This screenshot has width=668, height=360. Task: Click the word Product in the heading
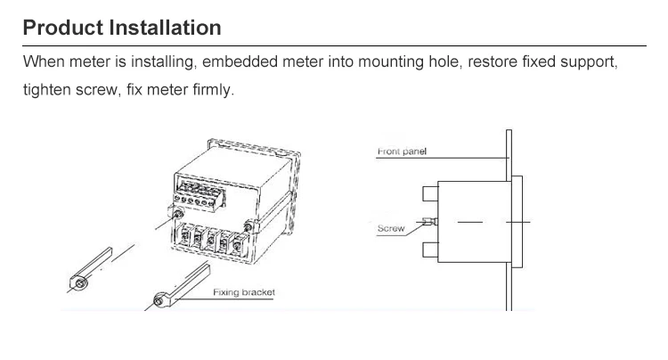pyautogui.click(x=63, y=28)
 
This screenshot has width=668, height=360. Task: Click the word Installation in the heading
pyautogui.click(x=166, y=28)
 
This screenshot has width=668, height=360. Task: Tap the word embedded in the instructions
pyautogui.click(x=240, y=61)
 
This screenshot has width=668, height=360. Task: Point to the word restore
pyautogui.click(x=493, y=62)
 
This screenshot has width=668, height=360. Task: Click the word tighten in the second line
pyautogui.click(x=47, y=90)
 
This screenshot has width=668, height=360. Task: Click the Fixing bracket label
pyautogui.click(x=244, y=292)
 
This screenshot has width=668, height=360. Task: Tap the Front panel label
pyautogui.click(x=402, y=151)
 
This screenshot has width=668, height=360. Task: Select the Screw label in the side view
pyautogui.click(x=391, y=228)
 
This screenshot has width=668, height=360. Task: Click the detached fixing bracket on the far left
pyautogui.click(x=90, y=268)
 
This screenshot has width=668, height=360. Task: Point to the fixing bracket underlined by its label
pyautogui.click(x=182, y=285)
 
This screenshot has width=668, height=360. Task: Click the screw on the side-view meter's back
pyautogui.click(x=430, y=222)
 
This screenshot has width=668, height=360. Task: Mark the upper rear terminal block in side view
pyautogui.click(x=430, y=193)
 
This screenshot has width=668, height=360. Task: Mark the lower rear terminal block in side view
pyautogui.click(x=430, y=250)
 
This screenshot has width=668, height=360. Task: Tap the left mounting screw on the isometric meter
pyautogui.click(x=178, y=214)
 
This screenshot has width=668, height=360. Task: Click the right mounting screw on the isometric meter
pyautogui.click(x=248, y=227)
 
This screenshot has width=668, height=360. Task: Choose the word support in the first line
pyautogui.click(x=588, y=62)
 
